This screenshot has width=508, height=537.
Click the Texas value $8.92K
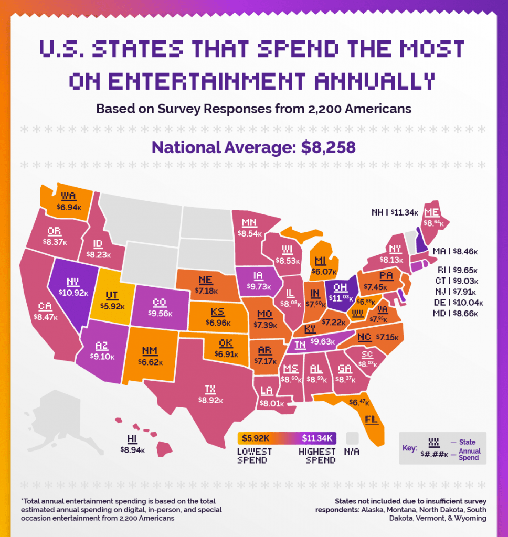tap(210, 400)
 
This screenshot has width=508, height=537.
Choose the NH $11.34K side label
tap(395, 213)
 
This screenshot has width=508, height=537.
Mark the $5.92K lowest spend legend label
tap(256, 438)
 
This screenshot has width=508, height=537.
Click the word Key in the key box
tap(410, 449)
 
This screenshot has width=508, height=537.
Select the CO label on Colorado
tap(160, 303)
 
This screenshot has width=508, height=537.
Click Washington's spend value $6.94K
tap(69, 207)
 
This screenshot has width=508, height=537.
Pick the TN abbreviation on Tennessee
tap(301, 344)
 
